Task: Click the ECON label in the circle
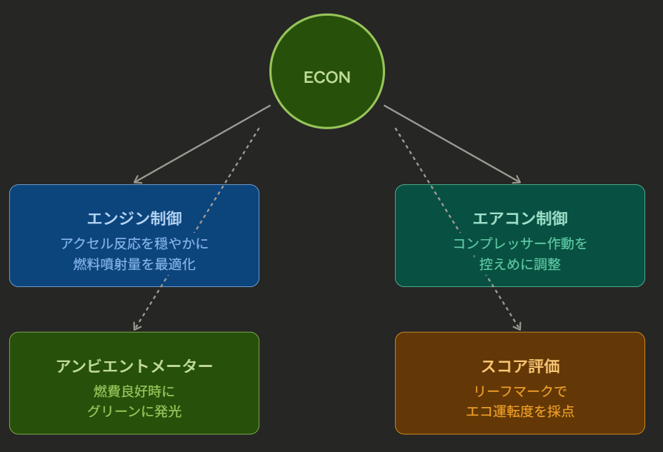coord(326,77)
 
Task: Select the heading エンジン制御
coord(134,219)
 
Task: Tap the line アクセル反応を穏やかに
coord(134,243)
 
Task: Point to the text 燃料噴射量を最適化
coord(134,264)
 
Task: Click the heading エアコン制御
coord(520,219)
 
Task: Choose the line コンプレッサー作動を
coord(520,243)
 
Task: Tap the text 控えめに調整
coord(520,264)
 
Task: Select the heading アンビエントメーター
coord(134,366)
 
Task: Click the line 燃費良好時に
coord(134,391)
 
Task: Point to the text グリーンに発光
coord(134,411)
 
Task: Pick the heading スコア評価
coord(520,366)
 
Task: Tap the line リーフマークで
coord(520,391)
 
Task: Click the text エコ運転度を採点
coord(520,411)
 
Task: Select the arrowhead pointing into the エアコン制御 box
coord(518,181)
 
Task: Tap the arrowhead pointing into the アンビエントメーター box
coord(135,327)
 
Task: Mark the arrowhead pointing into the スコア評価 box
coord(519,327)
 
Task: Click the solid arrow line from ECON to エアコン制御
coord(452,144)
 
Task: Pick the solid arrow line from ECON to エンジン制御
coord(202,144)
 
